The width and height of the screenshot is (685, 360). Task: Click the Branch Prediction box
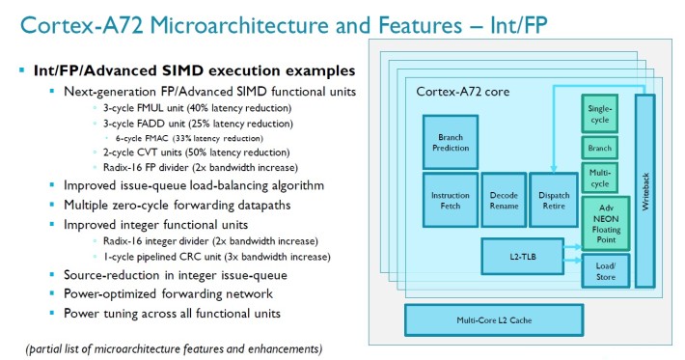tap(451, 142)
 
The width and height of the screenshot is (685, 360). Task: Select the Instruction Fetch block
tap(450, 201)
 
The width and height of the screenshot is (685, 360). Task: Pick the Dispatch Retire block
tap(552, 201)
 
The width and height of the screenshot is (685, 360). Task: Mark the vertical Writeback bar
tap(644, 191)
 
